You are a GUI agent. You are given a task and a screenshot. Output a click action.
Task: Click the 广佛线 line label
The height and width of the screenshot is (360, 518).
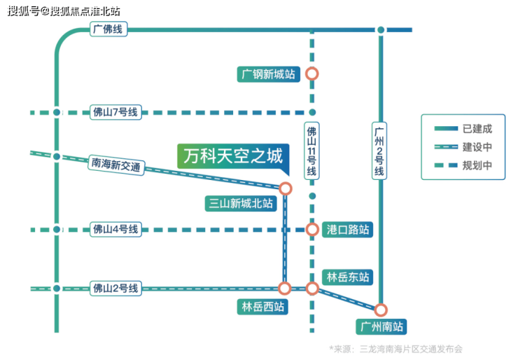point(108,29)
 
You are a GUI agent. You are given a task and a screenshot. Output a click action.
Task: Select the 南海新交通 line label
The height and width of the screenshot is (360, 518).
point(116,165)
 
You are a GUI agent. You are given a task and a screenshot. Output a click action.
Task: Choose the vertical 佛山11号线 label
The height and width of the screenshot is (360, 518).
point(312,151)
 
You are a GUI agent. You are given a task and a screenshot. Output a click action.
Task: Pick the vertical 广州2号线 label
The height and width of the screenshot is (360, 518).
point(380,151)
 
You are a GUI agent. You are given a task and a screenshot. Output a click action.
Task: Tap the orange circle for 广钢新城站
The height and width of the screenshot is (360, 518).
point(312,73)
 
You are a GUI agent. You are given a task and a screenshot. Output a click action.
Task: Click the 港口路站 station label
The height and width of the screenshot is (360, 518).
point(348,230)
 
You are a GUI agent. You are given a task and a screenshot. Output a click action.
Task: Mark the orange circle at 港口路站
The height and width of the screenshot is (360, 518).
point(312,230)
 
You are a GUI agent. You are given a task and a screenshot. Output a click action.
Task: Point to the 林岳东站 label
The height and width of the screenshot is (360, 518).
point(346,277)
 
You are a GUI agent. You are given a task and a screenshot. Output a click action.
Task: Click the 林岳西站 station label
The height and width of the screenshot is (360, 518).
point(261,307)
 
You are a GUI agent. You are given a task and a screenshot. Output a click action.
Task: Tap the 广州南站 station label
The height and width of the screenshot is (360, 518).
point(381,327)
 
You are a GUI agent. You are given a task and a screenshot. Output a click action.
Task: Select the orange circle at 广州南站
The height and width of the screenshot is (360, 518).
point(381,310)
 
